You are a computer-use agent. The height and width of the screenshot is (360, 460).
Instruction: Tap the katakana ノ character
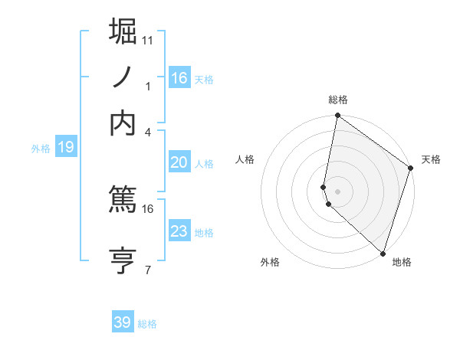123,77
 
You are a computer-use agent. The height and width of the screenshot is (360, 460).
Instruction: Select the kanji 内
123,123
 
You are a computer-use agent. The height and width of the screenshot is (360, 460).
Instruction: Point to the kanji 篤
123,200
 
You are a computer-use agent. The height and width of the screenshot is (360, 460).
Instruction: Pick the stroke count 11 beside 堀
148,40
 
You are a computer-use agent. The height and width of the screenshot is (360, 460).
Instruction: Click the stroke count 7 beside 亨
148,270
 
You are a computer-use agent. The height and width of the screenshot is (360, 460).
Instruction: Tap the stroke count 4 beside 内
148,132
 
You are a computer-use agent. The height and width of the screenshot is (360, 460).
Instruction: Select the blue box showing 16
179,77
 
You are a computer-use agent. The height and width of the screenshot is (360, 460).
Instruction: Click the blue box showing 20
179,162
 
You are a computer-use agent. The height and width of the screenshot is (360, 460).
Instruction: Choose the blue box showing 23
179,231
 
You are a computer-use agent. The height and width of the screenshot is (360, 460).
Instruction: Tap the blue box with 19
66,147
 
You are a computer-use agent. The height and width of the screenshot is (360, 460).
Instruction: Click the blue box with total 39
123,322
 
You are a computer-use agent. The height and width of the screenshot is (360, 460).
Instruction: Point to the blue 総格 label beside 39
147,324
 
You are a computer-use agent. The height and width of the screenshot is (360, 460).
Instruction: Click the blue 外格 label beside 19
41,149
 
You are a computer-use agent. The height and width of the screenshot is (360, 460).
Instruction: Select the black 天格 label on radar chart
431,159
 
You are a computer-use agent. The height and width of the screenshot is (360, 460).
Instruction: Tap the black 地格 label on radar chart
402,262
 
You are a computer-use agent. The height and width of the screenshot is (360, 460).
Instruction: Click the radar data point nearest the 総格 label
337,116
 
